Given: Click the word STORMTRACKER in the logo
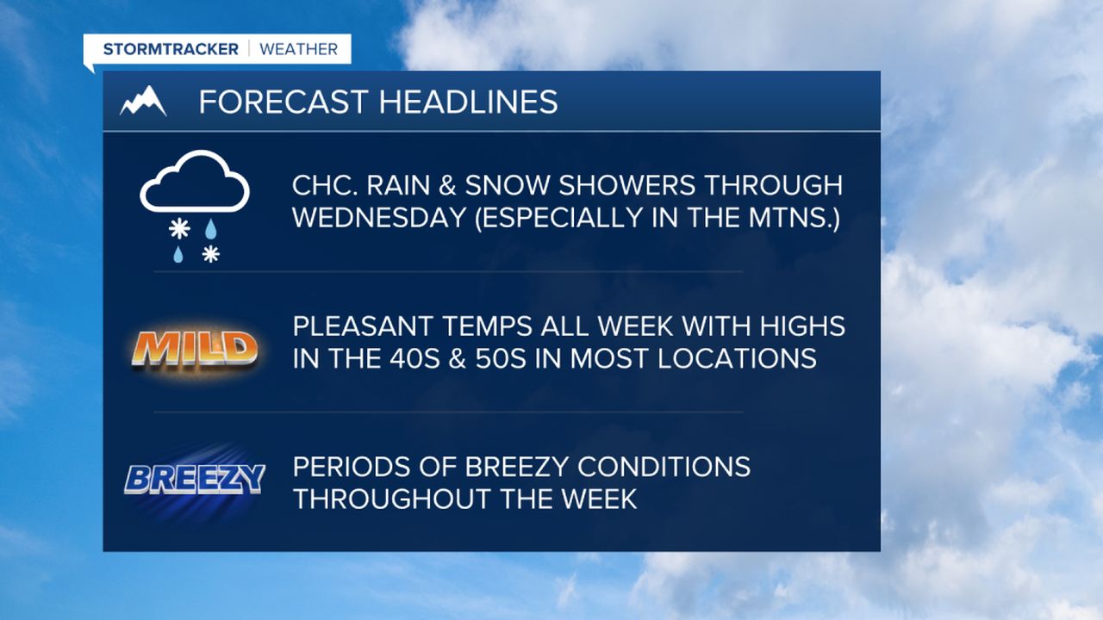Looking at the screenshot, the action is [171, 49].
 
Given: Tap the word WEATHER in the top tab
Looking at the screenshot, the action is [299, 49].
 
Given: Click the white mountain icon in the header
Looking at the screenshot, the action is [143, 102].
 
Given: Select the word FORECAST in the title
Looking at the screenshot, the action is [284, 102].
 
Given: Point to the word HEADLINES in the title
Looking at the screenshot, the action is [468, 102].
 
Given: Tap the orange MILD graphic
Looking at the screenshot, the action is [195, 350].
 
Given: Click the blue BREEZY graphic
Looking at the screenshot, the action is [195, 480].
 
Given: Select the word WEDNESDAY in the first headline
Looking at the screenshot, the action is [379, 218].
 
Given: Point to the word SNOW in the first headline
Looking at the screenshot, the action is [508, 185].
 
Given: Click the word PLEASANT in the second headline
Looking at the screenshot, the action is [363, 326].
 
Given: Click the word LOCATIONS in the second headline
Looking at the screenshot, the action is [737, 358].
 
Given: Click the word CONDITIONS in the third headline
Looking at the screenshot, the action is [664, 467].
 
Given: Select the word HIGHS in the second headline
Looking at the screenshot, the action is [802, 326].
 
